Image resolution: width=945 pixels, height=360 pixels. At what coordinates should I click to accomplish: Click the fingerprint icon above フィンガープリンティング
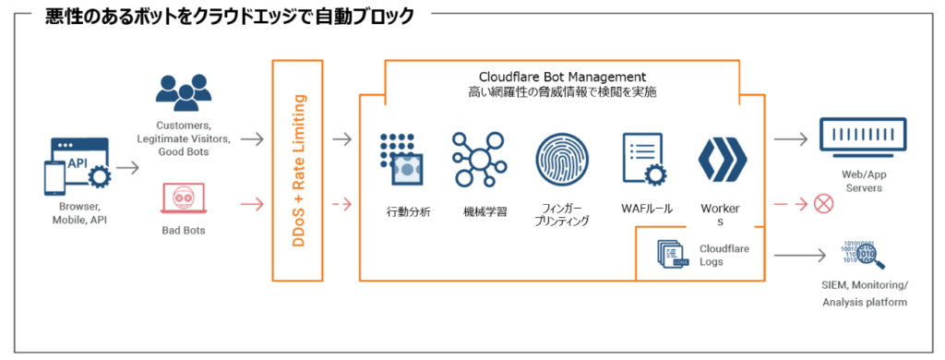[561, 161]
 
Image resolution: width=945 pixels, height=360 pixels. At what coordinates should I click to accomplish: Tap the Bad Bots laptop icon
[182, 199]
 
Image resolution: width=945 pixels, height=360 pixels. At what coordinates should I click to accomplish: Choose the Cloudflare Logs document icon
[673, 254]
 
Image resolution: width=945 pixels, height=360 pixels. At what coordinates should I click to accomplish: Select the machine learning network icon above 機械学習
[478, 161]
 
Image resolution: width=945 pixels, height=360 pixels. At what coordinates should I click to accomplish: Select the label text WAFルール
[646, 209]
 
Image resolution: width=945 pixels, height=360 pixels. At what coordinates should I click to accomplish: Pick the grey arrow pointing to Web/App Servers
[790, 139]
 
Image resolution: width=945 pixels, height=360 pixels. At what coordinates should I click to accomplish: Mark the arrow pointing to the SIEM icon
[798, 254]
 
